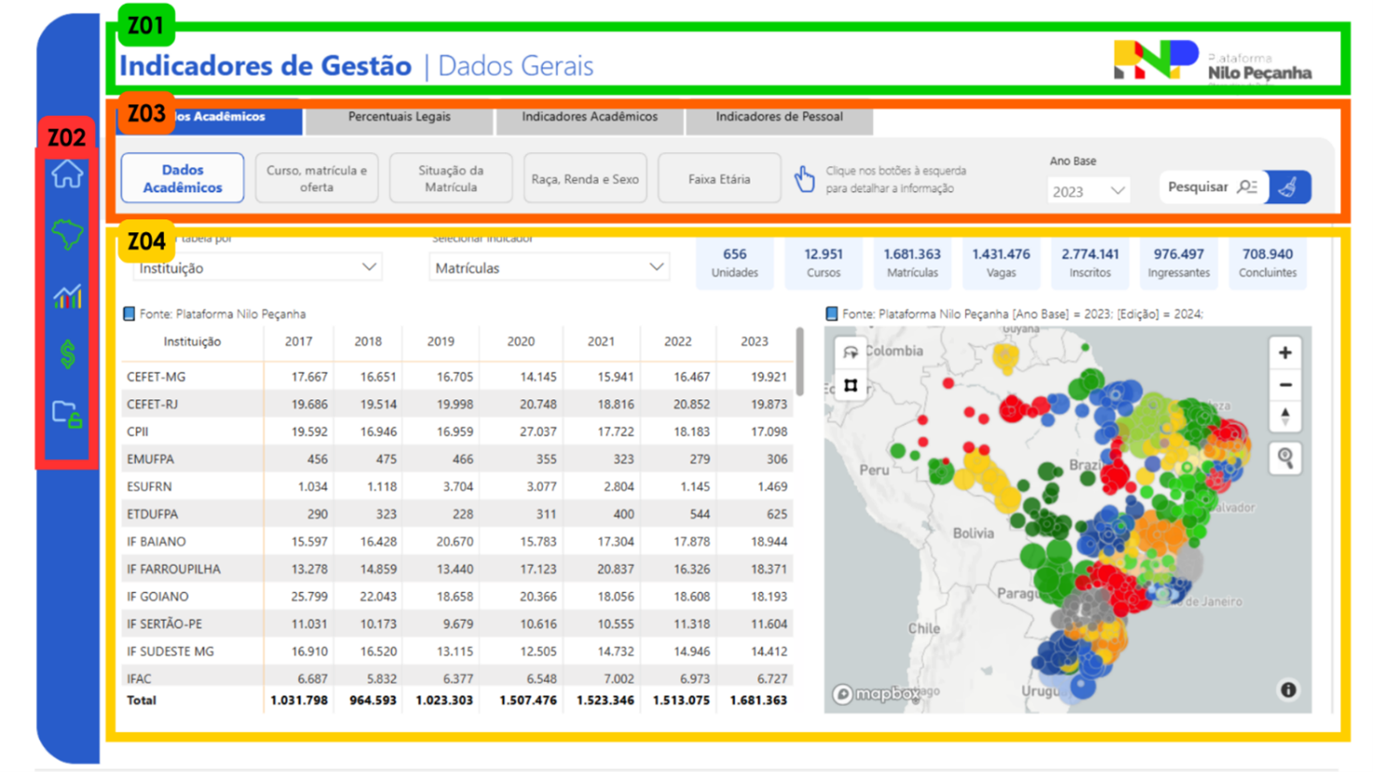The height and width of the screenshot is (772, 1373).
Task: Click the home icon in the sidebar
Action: [67, 174]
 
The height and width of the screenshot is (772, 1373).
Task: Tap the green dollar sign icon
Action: [67, 354]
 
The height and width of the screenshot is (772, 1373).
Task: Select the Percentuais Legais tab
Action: [399, 117]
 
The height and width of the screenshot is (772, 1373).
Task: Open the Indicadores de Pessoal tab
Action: [779, 117]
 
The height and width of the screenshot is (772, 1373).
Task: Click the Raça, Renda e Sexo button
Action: [585, 179]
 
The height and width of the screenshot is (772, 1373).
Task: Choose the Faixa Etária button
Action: [719, 179]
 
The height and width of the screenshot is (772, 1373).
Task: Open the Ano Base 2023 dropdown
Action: [1089, 191]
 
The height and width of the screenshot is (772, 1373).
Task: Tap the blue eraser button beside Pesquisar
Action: [1289, 187]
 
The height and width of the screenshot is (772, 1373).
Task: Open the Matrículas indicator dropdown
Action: [548, 269]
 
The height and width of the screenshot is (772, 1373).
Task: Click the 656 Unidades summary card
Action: [735, 263]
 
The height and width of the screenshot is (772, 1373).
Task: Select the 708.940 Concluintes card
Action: [1268, 263]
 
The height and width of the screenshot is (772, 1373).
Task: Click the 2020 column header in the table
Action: [520, 342]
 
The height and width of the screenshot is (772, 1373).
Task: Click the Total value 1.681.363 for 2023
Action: [758, 700]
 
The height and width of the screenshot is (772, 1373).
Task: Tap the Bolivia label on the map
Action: [973, 533]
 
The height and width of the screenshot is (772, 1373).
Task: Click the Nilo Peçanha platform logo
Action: [1213, 62]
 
